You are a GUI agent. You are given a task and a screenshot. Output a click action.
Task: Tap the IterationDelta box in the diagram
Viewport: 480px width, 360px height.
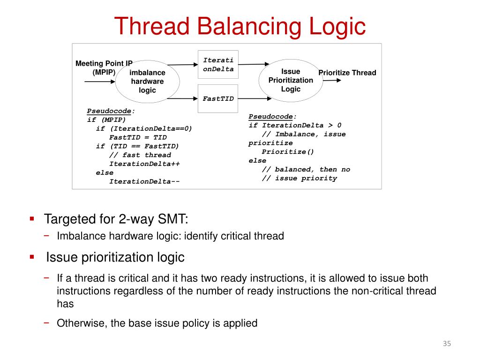coord(218,64)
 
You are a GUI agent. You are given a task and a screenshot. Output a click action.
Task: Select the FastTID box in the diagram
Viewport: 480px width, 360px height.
coord(218,98)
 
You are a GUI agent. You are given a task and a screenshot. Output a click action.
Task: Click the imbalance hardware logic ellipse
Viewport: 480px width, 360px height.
coord(147,82)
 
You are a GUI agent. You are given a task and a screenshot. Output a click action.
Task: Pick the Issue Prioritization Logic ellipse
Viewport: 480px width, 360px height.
coord(291,80)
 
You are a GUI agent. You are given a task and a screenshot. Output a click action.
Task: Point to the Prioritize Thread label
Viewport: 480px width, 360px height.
coord(347,73)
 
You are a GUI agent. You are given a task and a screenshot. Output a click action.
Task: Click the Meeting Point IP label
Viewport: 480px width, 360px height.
coord(104,64)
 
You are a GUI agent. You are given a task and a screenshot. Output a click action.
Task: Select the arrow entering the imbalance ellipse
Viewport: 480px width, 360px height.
coord(99,82)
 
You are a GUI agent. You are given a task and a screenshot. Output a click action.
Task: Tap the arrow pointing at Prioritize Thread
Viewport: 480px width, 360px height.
coord(332,80)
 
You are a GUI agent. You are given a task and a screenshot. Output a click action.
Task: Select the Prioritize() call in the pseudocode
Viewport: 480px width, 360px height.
coord(288,151)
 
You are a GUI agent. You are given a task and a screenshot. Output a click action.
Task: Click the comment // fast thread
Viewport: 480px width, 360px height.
coord(140,155)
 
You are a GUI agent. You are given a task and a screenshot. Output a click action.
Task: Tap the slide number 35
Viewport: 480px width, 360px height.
coord(446,345)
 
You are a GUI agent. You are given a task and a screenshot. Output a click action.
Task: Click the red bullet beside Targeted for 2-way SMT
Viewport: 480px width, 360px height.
coord(32,218)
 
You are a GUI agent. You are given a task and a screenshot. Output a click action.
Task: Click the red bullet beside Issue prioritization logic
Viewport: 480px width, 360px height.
coord(32,257)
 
